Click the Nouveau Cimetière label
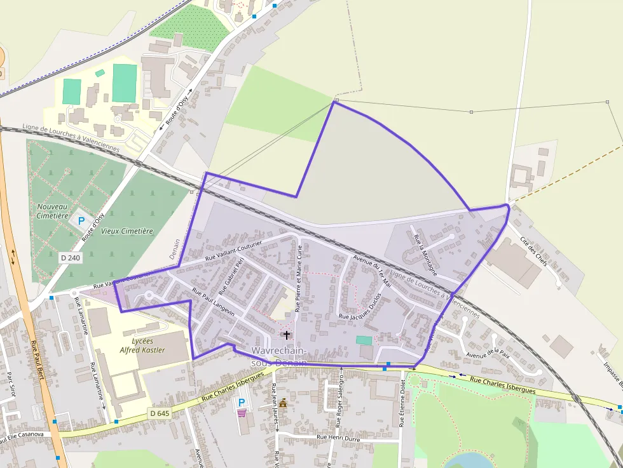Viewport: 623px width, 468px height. (x=52, y=211)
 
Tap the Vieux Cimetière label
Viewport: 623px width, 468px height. (x=127, y=231)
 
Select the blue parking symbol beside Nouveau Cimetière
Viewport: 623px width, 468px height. (x=81, y=221)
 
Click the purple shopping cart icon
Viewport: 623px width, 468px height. (x=242, y=413)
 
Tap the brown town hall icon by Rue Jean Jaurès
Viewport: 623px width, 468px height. (x=283, y=403)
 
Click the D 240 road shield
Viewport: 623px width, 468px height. (x=71, y=258)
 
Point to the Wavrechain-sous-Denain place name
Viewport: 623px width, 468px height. (x=279, y=356)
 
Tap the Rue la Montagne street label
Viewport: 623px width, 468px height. (x=425, y=254)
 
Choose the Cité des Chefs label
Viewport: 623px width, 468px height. (x=533, y=251)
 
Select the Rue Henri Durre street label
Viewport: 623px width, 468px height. (x=338, y=438)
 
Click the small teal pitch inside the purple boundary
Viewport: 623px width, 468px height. (x=364, y=340)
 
